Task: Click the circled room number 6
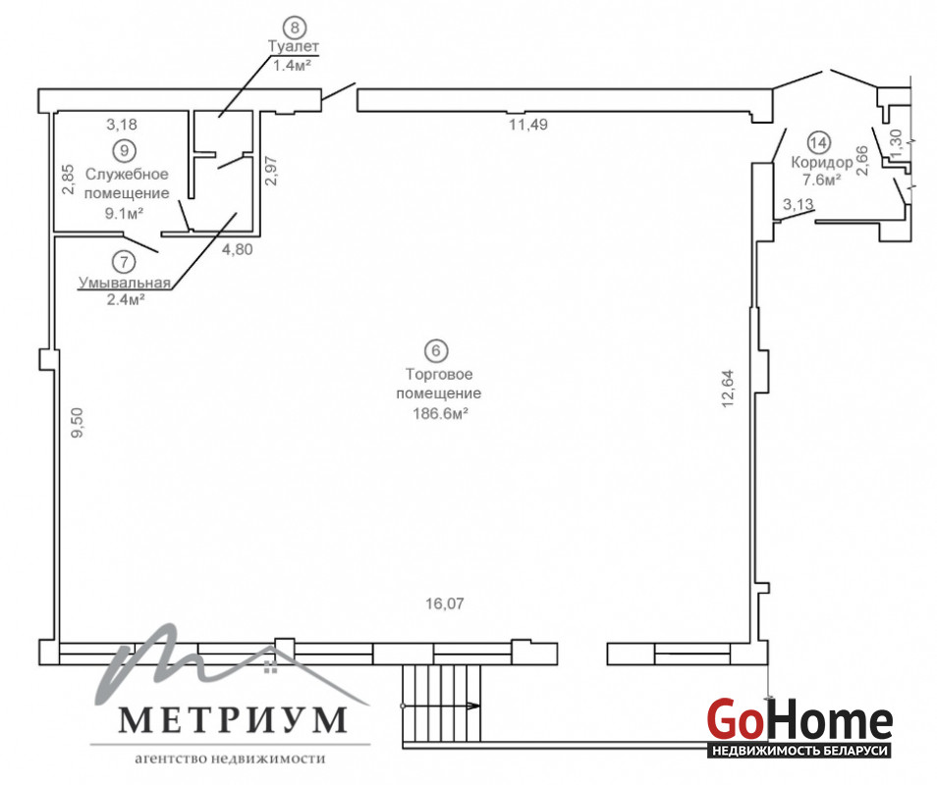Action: pyautogui.click(x=436, y=350)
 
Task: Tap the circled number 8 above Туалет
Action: pyautogui.click(x=294, y=26)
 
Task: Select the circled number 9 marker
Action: pyautogui.click(x=125, y=150)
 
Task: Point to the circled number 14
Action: pyautogui.click(x=819, y=142)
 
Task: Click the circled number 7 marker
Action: pyautogui.click(x=125, y=262)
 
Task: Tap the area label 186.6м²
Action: pyautogui.click(x=440, y=413)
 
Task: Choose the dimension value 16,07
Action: pyautogui.click(x=445, y=603)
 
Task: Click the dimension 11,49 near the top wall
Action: pyautogui.click(x=528, y=125)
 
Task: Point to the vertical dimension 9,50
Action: pyautogui.click(x=78, y=423)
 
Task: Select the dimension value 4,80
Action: pyautogui.click(x=238, y=249)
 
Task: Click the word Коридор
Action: pyautogui.click(x=822, y=162)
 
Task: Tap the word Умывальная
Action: pyautogui.click(x=125, y=283)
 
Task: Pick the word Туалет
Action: pyautogui.click(x=294, y=46)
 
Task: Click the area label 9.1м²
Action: pyautogui.click(x=125, y=213)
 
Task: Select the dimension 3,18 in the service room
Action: pyautogui.click(x=122, y=125)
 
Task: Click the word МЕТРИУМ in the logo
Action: pyautogui.click(x=233, y=720)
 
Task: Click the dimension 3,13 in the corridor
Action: pyautogui.click(x=799, y=204)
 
